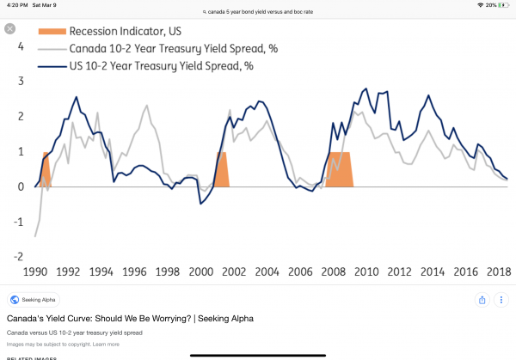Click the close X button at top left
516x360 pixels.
pyautogui.click(x=10, y=28)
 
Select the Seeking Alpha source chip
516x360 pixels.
pyautogui.click(x=34, y=300)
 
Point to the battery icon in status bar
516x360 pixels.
pyautogui.click(x=503, y=5)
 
